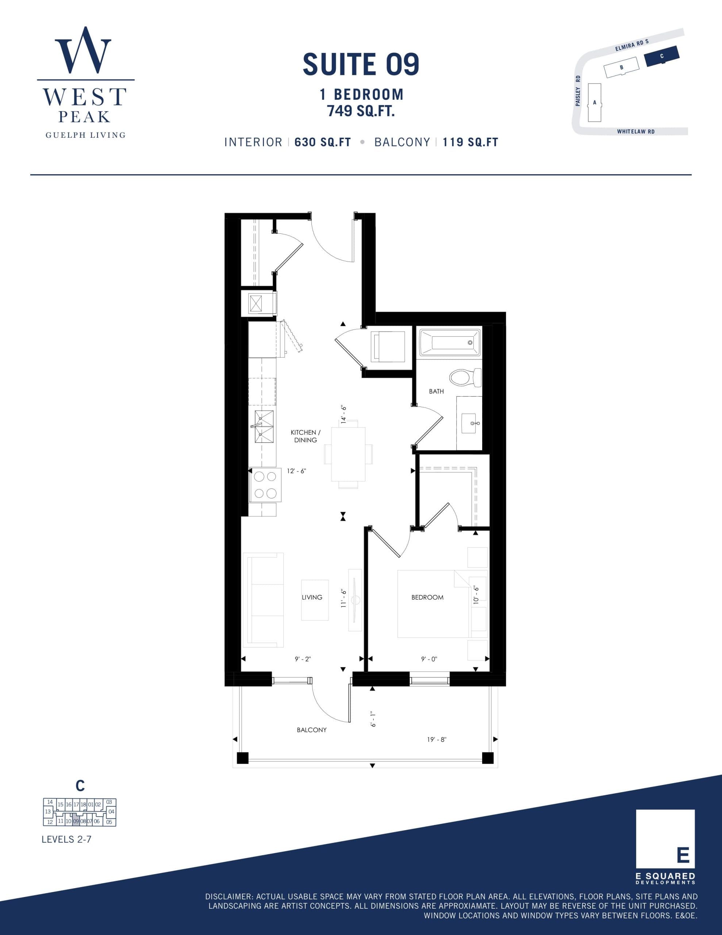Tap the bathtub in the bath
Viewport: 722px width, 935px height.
click(449, 343)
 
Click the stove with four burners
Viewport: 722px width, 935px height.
click(265, 485)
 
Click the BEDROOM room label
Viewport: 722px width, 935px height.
click(427, 597)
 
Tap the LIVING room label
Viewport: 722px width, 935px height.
click(312, 597)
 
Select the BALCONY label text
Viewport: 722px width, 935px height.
click(312, 730)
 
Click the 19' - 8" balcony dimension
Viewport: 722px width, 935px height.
click(437, 739)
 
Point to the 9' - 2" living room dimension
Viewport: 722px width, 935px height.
click(303, 659)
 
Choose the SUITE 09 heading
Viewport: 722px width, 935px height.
click(361, 64)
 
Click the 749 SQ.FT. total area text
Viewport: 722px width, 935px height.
click(361, 111)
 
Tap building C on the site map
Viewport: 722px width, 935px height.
click(662, 56)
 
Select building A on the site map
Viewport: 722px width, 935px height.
click(595, 103)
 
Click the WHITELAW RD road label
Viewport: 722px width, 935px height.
click(635, 131)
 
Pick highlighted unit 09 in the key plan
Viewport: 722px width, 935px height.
click(76, 821)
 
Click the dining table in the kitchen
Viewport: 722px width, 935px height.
click(348, 454)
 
